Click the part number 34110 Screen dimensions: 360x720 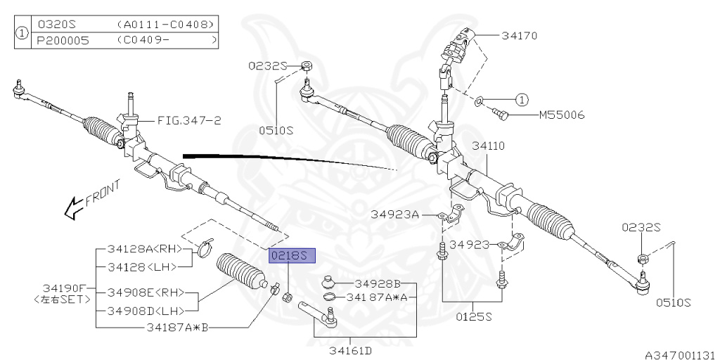point(488,146)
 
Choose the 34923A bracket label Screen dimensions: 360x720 point(395,214)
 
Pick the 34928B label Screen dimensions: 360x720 point(377,283)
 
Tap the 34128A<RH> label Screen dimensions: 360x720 point(144,249)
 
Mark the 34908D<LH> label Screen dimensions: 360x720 point(144,311)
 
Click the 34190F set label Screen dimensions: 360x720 point(65,288)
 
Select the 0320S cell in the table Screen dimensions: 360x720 point(58,25)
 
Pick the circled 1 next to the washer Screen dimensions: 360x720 point(522,99)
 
